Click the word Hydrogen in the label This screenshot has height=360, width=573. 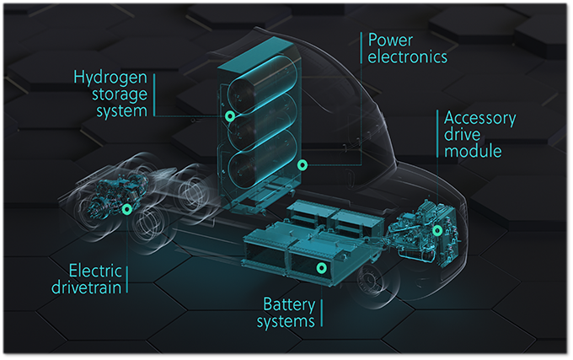pos(110,78)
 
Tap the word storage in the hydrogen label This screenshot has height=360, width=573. pos(120,94)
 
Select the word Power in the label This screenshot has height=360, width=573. pos(390,40)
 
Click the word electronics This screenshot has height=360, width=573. pos(408,56)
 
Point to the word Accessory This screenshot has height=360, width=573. pos(479,119)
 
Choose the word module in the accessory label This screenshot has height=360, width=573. pos(473,151)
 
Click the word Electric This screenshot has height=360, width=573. pos(95,271)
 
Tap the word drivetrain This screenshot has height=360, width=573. pos(86,287)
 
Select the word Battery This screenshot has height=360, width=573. pos(289,305)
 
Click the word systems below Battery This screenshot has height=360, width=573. pos(286,321)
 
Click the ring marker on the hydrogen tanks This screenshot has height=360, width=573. pos(230,116)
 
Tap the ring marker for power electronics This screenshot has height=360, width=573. pos(303,165)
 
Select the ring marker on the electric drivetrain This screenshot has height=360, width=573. pos(126,209)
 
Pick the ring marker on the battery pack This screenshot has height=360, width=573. pos(322,268)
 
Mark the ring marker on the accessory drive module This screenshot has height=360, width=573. pos(437,230)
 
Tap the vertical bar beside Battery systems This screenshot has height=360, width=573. pos(322,313)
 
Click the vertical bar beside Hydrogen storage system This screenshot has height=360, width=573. pos(154,95)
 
